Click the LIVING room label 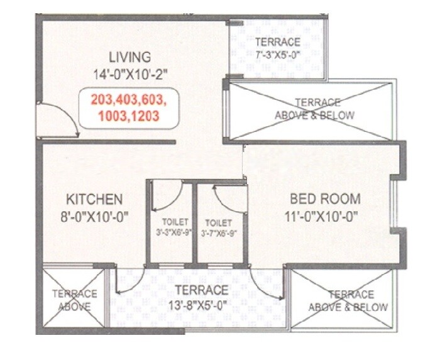pyautogui.click(x=129, y=55)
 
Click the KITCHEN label pyautogui.click(x=94, y=200)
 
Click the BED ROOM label pyautogui.click(x=325, y=199)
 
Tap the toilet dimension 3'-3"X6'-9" pyautogui.click(x=171, y=233)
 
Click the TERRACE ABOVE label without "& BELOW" pyautogui.click(x=74, y=300)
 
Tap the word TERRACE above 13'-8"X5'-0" pyautogui.click(x=201, y=290)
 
